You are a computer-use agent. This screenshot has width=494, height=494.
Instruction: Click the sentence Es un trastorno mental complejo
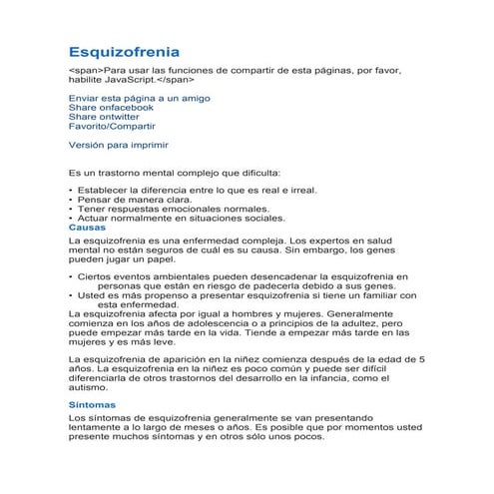pyautogui.click(x=175, y=172)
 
